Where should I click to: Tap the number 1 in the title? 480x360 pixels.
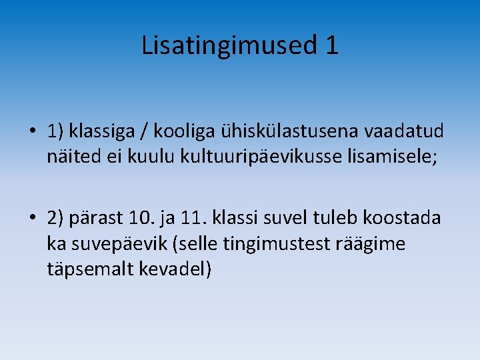click(x=332, y=45)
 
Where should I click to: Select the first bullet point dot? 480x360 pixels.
click(x=33, y=131)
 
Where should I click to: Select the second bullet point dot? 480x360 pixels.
click(x=33, y=219)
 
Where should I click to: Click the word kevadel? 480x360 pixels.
click(x=179, y=269)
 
